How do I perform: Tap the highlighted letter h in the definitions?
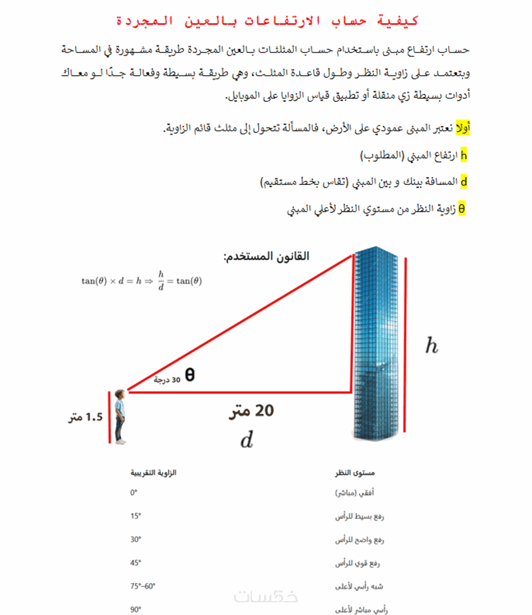click(464, 155)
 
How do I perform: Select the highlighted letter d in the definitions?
click(464, 181)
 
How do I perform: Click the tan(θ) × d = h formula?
click(142, 280)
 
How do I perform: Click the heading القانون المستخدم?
click(266, 256)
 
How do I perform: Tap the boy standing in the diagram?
click(120, 417)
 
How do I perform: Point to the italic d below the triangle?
click(246, 440)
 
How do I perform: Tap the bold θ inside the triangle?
click(190, 374)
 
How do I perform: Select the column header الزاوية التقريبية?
click(154, 473)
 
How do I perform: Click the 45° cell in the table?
click(136, 563)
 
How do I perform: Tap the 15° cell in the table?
click(136, 516)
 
